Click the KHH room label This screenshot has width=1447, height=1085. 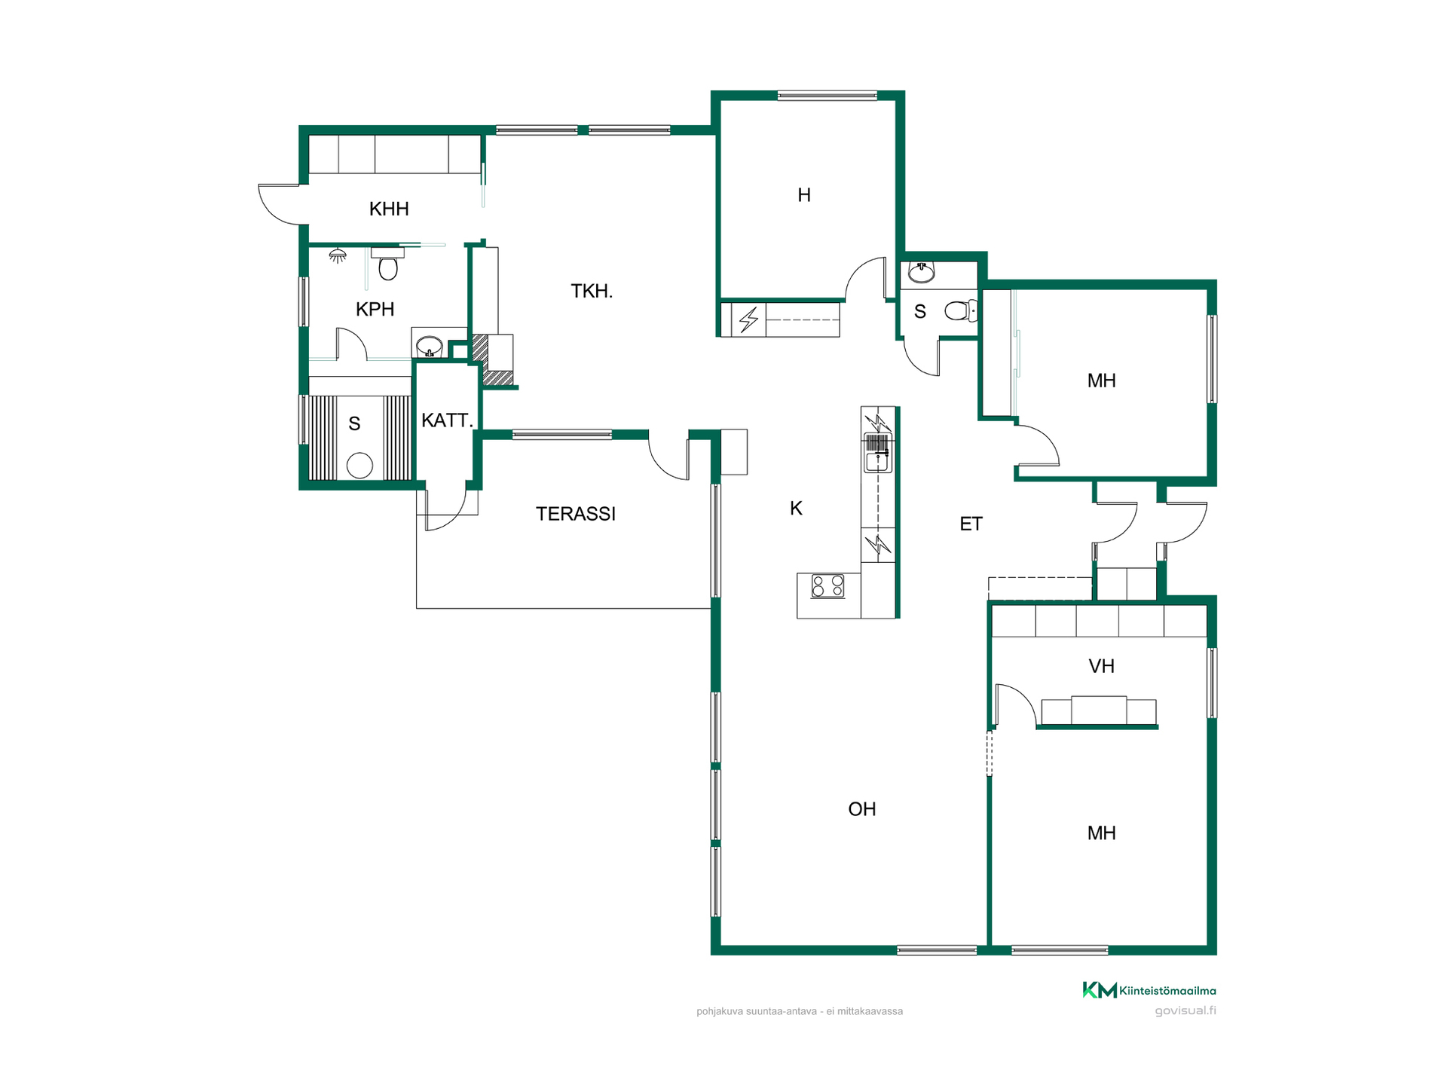[389, 209]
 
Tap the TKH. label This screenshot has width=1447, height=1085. [592, 291]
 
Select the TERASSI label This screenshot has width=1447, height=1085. [576, 514]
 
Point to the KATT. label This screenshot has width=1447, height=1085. [447, 420]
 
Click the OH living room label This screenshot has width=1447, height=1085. [862, 809]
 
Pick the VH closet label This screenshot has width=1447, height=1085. [1101, 666]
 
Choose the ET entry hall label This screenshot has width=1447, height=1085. [971, 524]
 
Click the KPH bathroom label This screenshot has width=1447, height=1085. [375, 309]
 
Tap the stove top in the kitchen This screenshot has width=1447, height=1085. [828, 585]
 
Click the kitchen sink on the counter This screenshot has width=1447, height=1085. [877, 453]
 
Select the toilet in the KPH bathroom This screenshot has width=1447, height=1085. [388, 264]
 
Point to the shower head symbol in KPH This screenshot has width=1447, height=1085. [338, 256]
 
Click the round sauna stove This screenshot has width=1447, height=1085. [359, 465]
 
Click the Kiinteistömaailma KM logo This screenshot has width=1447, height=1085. [1149, 990]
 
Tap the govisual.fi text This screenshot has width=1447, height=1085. [1185, 1010]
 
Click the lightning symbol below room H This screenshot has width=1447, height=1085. [748, 319]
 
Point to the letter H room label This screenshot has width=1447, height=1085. [804, 195]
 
